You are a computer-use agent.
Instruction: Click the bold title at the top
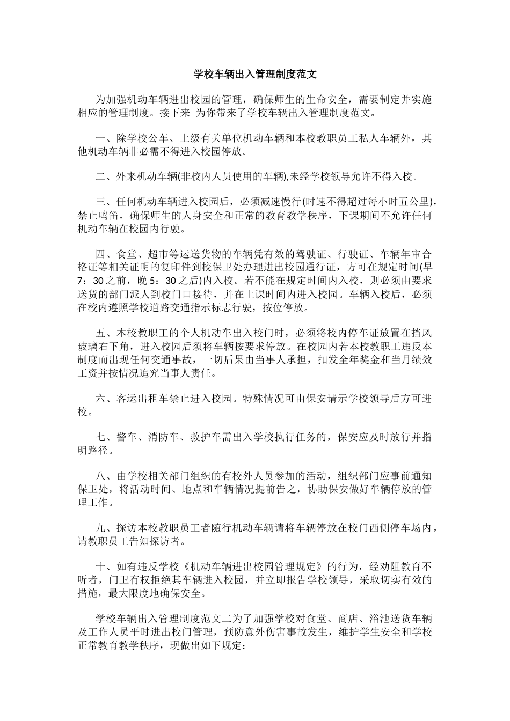click(x=254, y=74)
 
